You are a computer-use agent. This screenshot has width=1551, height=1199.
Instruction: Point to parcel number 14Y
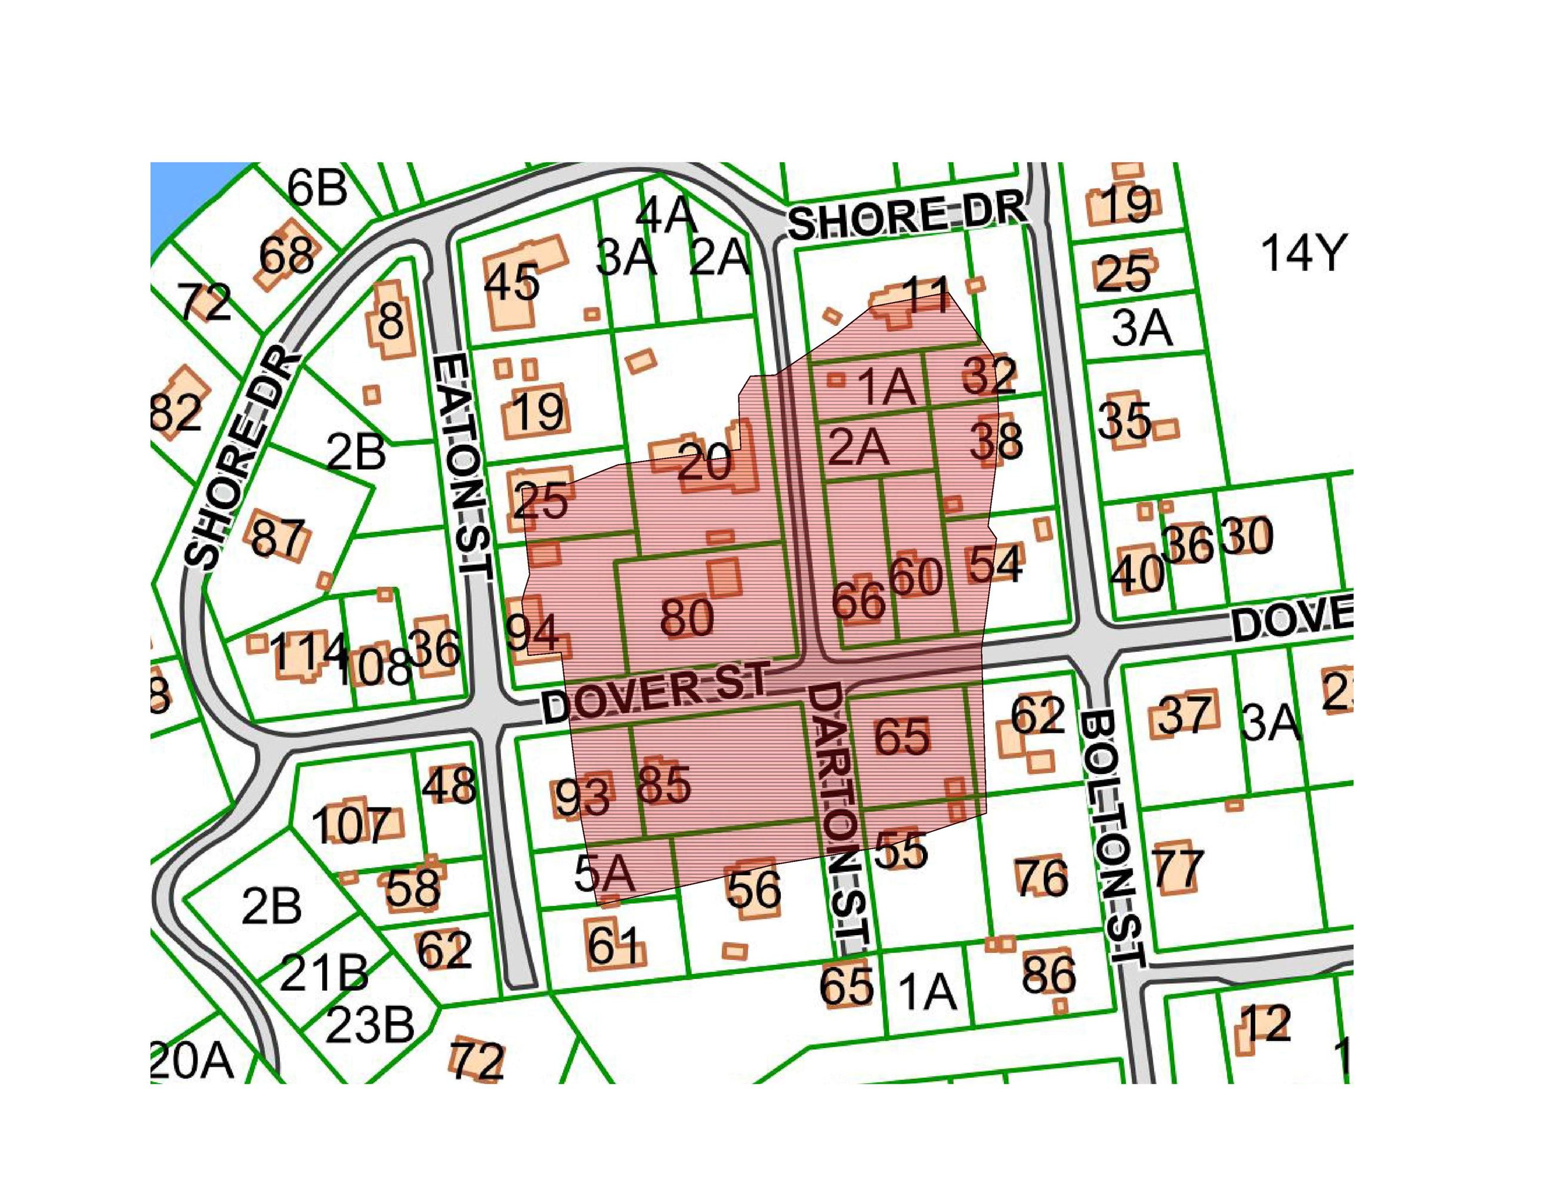pos(1301,254)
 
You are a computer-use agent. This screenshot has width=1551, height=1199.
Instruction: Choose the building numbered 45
pos(511,283)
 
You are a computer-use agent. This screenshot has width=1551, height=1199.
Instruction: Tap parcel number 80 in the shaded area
pos(686,617)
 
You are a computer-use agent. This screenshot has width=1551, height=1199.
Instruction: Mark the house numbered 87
pos(279,538)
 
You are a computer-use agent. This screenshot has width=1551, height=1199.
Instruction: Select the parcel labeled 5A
pos(604,875)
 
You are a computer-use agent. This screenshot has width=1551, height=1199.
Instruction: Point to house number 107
pos(351,825)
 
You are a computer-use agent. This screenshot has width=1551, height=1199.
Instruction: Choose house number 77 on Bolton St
pos(1177,868)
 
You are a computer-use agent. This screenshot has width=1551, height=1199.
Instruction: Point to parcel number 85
pos(664,785)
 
